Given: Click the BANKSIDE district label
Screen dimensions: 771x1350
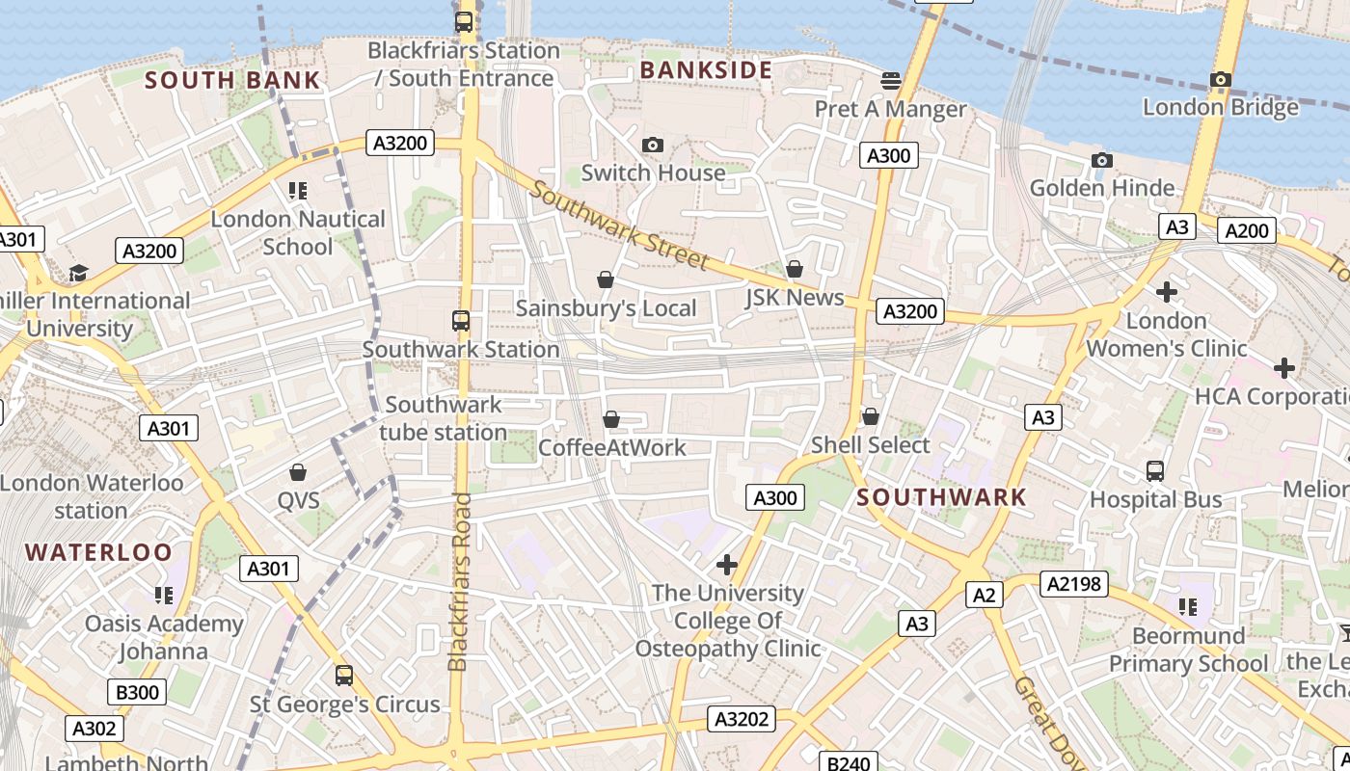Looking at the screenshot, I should [x=706, y=70].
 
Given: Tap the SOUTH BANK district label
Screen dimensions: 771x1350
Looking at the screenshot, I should [x=231, y=80].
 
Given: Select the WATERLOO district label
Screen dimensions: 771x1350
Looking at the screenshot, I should [x=98, y=552].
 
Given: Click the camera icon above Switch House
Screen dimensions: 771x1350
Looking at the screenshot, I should [x=653, y=146].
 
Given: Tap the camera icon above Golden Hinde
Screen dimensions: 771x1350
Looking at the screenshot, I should [x=1101, y=160].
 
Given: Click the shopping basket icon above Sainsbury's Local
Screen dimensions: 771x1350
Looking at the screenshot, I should [x=606, y=280].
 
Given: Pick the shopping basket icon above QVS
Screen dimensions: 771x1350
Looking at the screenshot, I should [x=298, y=472].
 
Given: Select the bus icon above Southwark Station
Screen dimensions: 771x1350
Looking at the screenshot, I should [x=461, y=321].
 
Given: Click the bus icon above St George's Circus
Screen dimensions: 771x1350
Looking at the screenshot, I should [x=344, y=676].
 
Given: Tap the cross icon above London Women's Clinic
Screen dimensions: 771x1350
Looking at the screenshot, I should [x=1167, y=291].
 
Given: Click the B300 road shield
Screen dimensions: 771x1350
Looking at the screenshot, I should [x=137, y=692].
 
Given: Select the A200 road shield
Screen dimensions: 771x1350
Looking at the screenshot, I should [x=1247, y=230].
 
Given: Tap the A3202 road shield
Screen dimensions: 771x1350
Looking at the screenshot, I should [x=742, y=719].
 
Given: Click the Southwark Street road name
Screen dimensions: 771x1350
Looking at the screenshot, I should [x=618, y=227].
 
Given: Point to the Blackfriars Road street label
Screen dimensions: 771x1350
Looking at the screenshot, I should [x=459, y=582].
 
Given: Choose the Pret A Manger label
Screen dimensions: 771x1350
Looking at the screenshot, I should [x=890, y=109].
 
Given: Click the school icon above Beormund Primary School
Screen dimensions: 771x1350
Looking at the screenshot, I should [x=1187, y=607].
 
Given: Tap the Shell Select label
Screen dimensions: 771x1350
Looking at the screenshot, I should [x=870, y=445].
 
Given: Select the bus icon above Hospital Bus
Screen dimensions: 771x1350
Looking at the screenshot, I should [x=1155, y=471].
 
